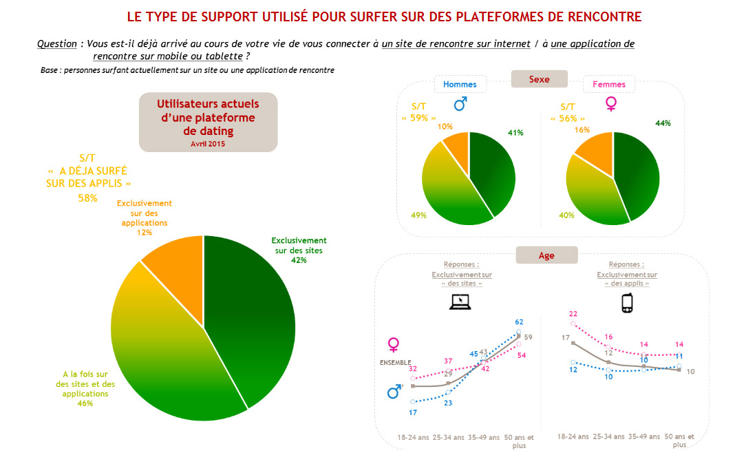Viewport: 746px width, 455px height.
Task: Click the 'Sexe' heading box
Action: pyautogui.click(x=539, y=79)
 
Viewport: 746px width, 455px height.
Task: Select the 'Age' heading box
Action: pyautogui.click(x=546, y=255)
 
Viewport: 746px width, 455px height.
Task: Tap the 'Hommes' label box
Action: pyautogui.click(x=460, y=85)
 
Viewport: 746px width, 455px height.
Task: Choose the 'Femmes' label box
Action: pyautogui.click(x=608, y=85)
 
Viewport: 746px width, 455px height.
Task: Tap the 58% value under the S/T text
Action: pyautogui.click(x=87, y=198)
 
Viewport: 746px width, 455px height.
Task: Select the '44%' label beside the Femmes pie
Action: pyautogui.click(x=663, y=123)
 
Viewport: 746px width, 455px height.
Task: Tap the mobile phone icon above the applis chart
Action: pyautogui.click(x=626, y=303)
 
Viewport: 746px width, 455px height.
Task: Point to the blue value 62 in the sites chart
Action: pyautogui.click(x=519, y=321)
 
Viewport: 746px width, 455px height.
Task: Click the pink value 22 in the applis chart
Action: pyautogui.click(x=573, y=314)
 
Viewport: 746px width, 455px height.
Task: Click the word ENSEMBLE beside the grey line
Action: pyautogui.click(x=395, y=362)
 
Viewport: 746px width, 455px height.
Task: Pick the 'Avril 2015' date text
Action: pyautogui.click(x=208, y=144)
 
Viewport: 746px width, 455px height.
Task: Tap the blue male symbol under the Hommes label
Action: pyautogui.click(x=460, y=104)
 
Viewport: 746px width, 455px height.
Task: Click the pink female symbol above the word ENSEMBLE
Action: pyautogui.click(x=394, y=343)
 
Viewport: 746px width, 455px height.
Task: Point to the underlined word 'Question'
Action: pyautogui.click(x=57, y=44)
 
